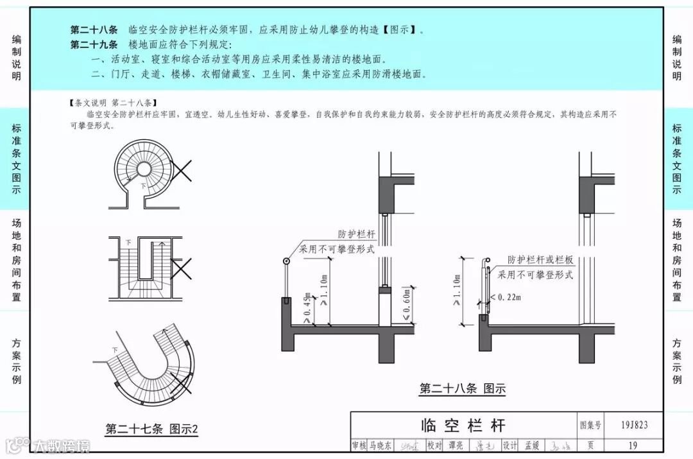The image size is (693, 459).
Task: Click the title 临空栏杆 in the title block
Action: coord(463,425)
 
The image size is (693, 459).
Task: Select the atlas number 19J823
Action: coord(634,425)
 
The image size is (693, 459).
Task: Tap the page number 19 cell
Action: coord(633,446)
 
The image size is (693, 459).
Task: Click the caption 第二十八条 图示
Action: coord(462,388)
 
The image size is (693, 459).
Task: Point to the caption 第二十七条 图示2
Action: coord(152,429)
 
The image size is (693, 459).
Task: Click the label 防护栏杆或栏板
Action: coord(540,260)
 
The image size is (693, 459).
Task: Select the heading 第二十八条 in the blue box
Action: coord(94,30)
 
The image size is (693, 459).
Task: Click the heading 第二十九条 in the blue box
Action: coord(94,44)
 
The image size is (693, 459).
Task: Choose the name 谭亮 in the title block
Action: coord(456,446)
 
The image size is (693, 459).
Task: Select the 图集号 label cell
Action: coord(590,425)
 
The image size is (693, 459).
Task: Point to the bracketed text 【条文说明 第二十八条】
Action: coord(111,103)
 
